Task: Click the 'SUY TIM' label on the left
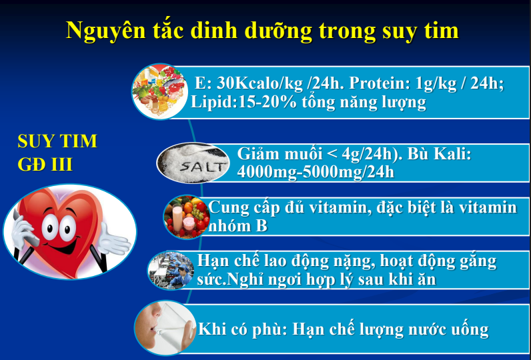(x=57, y=141)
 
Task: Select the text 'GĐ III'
(x=45, y=165)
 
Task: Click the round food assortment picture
(x=159, y=91)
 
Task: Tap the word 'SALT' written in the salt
(x=203, y=167)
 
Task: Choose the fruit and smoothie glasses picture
(x=186, y=217)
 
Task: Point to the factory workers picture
(x=171, y=270)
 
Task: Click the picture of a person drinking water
(x=165, y=328)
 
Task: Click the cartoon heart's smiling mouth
(x=63, y=248)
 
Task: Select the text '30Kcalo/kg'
(x=259, y=83)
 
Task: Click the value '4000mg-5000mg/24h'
(x=316, y=172)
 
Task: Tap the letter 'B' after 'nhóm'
(x=261, y=226)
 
